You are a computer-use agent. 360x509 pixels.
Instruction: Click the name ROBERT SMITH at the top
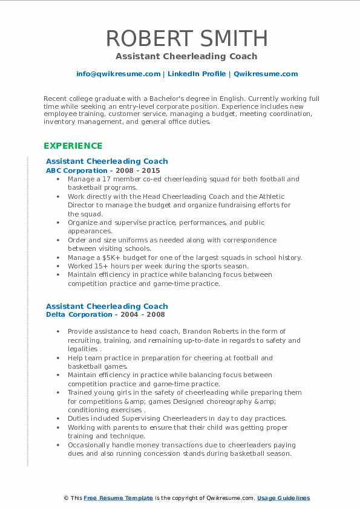[x=186, y=38]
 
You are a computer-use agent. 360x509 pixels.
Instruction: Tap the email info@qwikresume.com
[x=118, y=74]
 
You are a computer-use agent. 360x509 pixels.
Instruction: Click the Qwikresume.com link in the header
[x=266, y=74]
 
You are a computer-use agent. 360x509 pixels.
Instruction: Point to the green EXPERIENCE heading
[x=73, y=146]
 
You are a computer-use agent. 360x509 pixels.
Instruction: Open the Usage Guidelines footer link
[x=283, y=498]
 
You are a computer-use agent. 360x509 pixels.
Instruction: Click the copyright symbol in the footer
[x=67, y=498]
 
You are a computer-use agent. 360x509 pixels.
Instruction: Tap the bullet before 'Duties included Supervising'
[x=57, y=418]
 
